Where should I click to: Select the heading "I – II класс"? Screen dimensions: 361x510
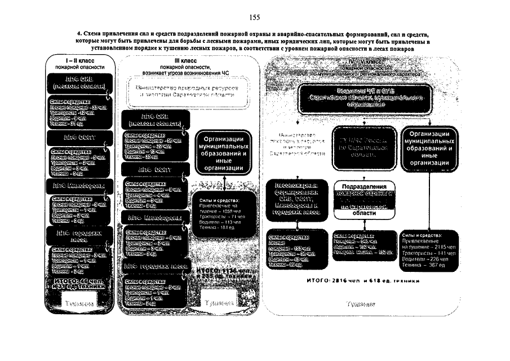point(78,60)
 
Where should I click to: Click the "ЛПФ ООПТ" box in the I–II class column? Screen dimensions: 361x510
point(77,137)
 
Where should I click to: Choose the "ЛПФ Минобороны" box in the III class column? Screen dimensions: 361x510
point(154,217)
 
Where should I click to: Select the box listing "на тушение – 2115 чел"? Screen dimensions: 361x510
point(429,248)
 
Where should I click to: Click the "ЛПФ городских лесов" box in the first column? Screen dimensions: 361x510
point(77,235)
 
